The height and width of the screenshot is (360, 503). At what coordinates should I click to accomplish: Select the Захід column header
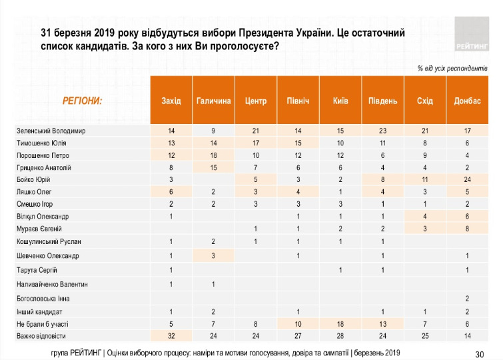(x=171, y=101)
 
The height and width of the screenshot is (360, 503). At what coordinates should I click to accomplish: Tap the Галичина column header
(x=214, y=101)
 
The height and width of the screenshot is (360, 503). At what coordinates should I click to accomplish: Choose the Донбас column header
(x=467, y=101)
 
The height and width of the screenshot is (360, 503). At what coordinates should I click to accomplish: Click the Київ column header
(x=340, y=101)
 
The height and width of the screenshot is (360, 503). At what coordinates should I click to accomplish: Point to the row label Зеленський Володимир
(x=52, y=131)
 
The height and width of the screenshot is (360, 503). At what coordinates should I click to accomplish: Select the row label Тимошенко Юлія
(x=41, y=143)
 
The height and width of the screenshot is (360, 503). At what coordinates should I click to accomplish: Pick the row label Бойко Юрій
(x=34, y=180)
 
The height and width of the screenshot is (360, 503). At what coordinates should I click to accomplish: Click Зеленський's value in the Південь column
(x=382, y=131)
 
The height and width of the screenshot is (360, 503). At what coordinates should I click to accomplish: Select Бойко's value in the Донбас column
(x=467, y=180)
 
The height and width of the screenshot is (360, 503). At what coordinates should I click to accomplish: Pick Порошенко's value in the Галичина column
(x=214, y=155)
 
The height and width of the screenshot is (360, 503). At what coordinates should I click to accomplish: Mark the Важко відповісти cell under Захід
(x=171, y=336)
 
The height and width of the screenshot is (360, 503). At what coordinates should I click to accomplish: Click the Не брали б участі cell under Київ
(x=340, y=324)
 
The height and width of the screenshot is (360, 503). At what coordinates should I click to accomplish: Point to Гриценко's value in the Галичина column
(x=214, y=167)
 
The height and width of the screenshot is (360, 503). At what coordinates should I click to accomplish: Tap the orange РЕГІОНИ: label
(x=82, y=101)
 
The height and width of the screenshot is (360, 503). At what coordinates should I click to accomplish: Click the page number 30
(x=479, y=353)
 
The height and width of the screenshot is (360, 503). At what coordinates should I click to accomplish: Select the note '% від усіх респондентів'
(x=453, y=69)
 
